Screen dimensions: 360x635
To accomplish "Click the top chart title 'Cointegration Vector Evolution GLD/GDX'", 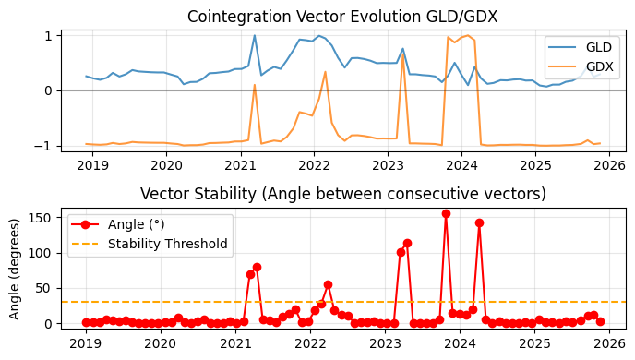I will (x=342, y=17).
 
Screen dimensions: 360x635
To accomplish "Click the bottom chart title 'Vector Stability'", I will (x=342, y=194).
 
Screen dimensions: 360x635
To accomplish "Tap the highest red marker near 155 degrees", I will (x=446, y=213).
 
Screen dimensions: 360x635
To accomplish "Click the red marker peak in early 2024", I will (x=479, y=222).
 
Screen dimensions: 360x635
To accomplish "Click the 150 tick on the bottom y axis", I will (x=42, y=217).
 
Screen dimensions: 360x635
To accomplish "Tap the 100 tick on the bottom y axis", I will (x=42, y=253).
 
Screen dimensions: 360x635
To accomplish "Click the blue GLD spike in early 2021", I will (x=255, y=36).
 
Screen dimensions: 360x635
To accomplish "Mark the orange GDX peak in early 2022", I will (x=326, y=71).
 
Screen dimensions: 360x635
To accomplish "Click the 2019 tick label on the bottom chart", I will (x=86, y=343).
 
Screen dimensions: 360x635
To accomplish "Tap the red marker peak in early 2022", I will (x=328, y=284).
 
